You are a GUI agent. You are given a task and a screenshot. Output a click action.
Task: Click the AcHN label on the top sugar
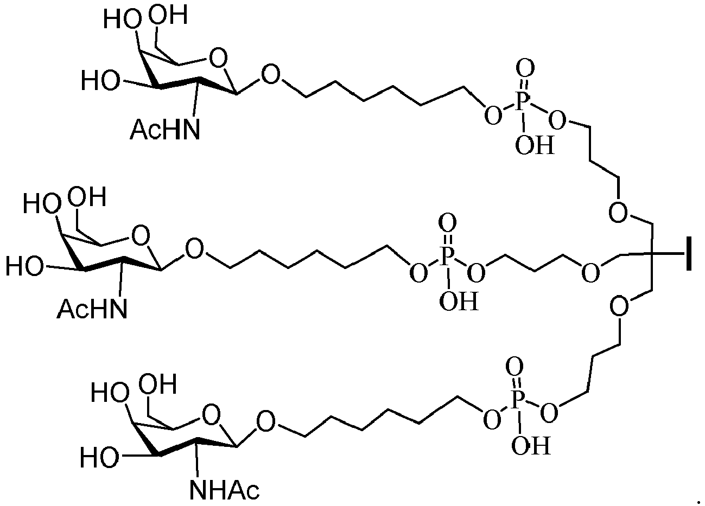point(165,129)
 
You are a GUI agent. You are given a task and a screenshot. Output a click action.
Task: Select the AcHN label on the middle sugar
point(92,309)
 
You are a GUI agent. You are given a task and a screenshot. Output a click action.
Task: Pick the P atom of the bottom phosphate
point(517,400)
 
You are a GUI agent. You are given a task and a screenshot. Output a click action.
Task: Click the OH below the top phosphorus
point(535,145)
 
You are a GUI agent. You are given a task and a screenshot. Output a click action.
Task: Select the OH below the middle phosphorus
point(459,301)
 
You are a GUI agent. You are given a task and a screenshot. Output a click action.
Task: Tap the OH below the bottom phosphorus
point(531,445)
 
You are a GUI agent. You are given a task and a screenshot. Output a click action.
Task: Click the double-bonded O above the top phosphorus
point(525,68)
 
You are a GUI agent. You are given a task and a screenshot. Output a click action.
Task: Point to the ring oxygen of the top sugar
point(218,58)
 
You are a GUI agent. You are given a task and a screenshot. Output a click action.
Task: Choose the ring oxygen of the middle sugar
point(141,235)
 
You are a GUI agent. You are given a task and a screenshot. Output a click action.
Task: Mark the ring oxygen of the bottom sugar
point(211,415)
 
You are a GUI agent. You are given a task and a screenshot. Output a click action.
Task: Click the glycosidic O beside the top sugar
point(271,74)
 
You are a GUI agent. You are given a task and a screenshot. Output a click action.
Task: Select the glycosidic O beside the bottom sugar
point(265,421)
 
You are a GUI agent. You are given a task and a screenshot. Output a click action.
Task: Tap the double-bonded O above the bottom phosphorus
point(515,367)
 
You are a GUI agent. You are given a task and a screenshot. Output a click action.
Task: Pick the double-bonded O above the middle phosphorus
point(447,223)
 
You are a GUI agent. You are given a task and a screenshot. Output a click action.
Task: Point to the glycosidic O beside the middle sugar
point(194,249)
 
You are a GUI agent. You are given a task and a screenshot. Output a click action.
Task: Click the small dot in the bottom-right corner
point(698,503)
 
